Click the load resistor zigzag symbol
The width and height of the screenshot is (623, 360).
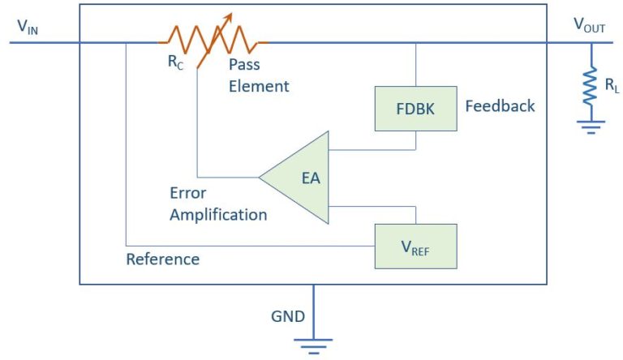[591, 87]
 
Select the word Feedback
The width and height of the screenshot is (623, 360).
[500, 106]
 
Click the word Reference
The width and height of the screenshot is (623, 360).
[162, 259]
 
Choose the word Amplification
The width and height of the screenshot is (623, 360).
[217, 215]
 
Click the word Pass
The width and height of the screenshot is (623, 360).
[244, 65]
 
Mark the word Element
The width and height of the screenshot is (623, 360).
[258, 86]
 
